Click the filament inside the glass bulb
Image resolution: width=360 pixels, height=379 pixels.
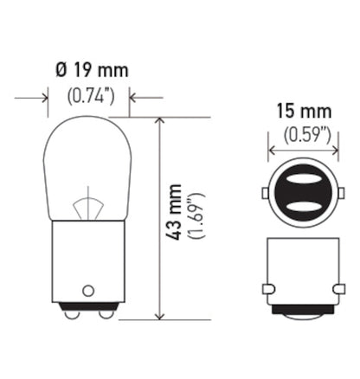tap(88, 207)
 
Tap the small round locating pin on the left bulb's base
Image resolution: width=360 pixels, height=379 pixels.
tap(88, 290)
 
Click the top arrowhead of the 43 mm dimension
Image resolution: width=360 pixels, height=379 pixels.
tap(159, 122)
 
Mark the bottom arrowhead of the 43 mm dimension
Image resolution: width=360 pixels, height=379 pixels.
tap(159, 314)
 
